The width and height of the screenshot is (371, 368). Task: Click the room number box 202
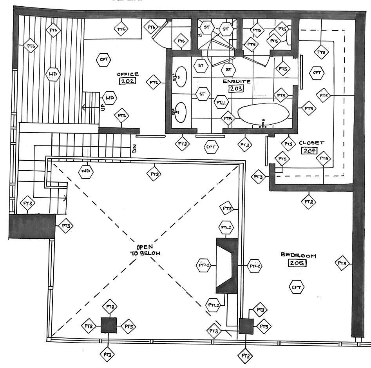tap(128, 82)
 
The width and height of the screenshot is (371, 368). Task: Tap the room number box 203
tap(237, 88)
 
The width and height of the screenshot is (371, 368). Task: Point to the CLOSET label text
tap(311, 143)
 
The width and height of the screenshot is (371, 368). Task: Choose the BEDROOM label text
tap(298, 255)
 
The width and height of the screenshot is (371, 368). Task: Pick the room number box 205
tap(297, 263)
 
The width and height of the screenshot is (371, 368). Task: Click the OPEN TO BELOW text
tap(145, 250)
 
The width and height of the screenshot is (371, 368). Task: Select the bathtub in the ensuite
tap(264, 114)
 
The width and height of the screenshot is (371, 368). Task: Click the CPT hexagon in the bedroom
tap(297, 288)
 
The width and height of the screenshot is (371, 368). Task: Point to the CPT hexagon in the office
tap(104, 60)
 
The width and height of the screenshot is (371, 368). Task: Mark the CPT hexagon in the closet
tap(317, 73)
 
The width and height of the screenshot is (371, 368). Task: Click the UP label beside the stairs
tap(103, 107)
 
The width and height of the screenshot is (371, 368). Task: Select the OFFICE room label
tap(128, 74)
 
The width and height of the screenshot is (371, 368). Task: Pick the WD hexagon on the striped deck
tap(53, 74)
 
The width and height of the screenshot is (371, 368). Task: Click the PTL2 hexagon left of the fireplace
tap(204, 266)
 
